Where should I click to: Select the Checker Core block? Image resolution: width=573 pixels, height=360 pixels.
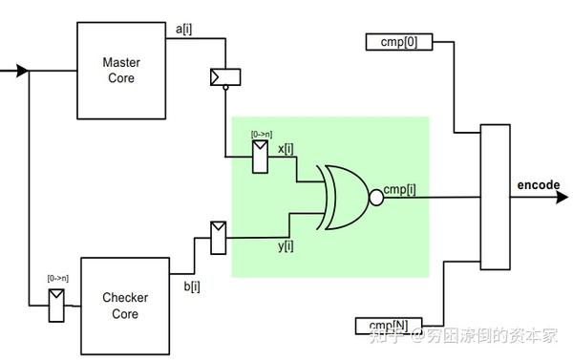[125, 305]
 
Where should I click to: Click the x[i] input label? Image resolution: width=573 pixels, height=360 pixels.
[286, 148]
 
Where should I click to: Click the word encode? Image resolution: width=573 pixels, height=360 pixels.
[539, 184]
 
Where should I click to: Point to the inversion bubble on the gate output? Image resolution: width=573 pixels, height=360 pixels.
[376, 198]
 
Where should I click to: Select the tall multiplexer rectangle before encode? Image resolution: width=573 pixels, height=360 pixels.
[496, 197]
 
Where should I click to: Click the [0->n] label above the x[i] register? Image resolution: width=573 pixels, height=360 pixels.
[262, 136]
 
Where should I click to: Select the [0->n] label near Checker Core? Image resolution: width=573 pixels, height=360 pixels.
[57, 278]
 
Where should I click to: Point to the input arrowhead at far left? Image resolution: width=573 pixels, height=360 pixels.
[22, 70]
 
